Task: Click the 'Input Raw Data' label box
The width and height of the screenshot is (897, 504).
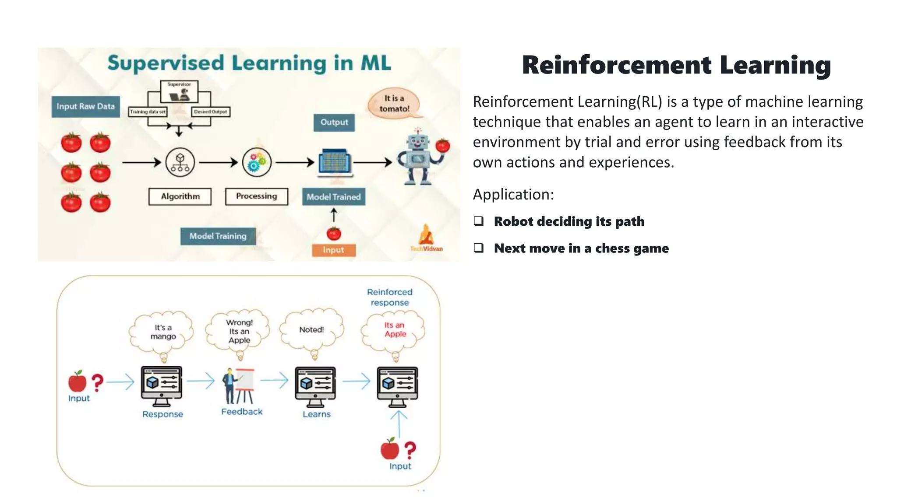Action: [x=85, y=107]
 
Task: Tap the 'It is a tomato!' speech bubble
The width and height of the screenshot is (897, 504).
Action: [x=394, y=104]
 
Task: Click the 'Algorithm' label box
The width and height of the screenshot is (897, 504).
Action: [x=180, y=196]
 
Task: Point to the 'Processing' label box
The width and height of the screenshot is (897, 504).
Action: [x=257, y=196]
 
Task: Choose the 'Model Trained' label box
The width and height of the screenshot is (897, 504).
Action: [x=334, y=197]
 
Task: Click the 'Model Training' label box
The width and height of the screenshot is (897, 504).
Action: [x=218, y=236]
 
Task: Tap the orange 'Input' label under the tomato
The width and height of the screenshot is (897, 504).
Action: [x=334, y=250]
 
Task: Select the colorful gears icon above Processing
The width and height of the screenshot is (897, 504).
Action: [x=257, y=162]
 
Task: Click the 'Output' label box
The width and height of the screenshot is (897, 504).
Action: [x=334, y=122]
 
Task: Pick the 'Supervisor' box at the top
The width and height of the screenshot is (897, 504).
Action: [x=179, y=91]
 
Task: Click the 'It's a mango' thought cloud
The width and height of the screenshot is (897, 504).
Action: [x=162, y=332]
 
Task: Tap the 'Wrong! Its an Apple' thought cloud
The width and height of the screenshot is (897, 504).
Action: [x=239, y=331]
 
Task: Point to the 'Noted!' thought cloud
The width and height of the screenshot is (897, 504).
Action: [x=311, y=330]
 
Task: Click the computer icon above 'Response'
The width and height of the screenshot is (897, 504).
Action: [x=162, y=386]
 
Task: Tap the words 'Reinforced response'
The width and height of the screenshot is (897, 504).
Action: [x=390, y=297]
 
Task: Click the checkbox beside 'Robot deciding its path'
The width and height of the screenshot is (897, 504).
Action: [x=479, y=221]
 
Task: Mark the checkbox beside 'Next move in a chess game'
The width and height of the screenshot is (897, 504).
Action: [x=479, y=248]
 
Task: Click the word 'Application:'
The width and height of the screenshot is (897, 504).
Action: [x=513, y=195]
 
